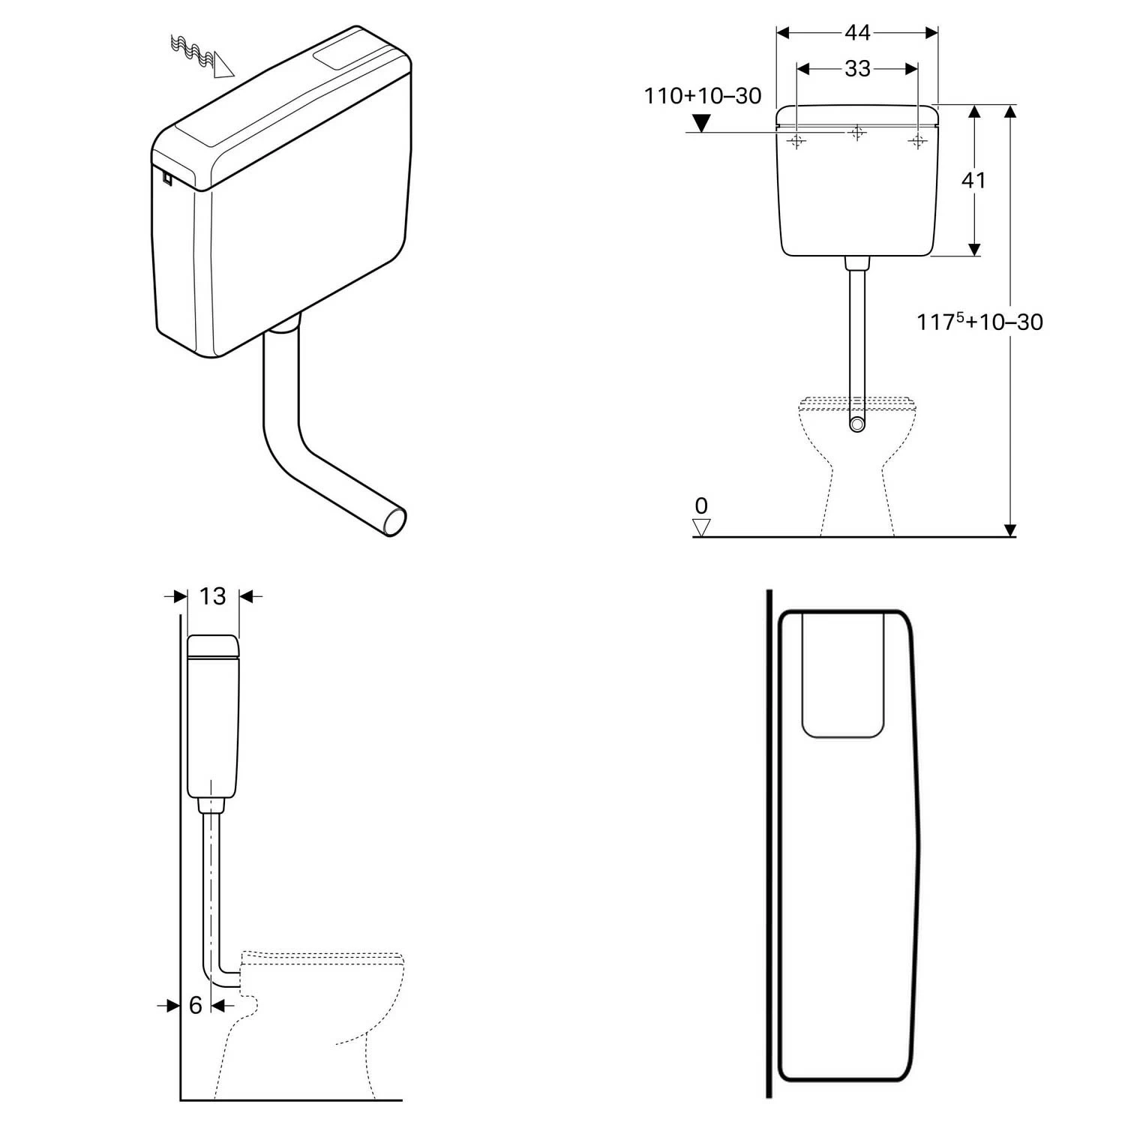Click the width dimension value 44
pyautogui.click(x=857, y=33)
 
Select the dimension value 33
pyautogui.click(x=857, y=69)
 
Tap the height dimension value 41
pyautogui.click(x=973, y=181)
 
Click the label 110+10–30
pyautogui.click(x=703, y=96)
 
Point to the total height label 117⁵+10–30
pyautogui.click(x=979, y=322)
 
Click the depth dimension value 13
pyautogui.click(x=213, y=596)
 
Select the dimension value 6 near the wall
pyautogui.click(x=196, y=1005)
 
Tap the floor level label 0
pyautogui.click(x=701, y=505)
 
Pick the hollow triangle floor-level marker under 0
pyautogui.click(x=701, y=528)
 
